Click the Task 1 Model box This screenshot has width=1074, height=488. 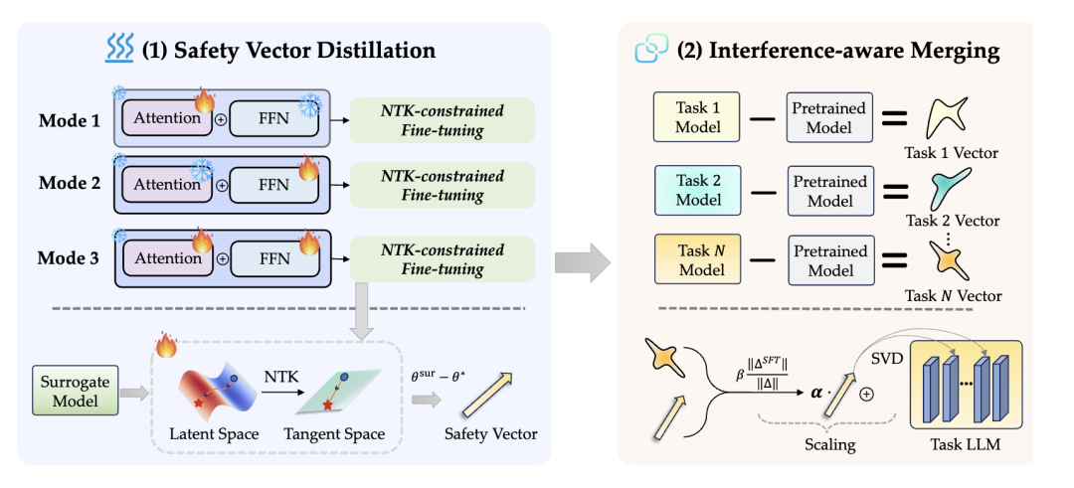(x=698, y=117)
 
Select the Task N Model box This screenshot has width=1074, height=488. (x=698, y=260)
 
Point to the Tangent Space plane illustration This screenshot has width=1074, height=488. (x=343, y=393)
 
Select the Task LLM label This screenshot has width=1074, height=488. (x=962, y=444)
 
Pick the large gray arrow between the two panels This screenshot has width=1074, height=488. (x=581, y=261)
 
